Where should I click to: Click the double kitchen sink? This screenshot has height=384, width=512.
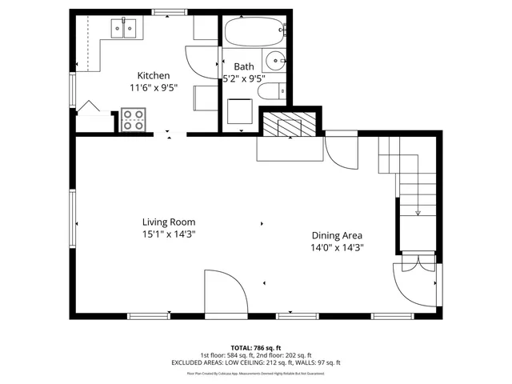(x=125, y=30)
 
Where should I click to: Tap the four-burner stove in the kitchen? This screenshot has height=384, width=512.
(x=133, y=121)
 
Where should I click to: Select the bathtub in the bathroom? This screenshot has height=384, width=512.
(x=253, y=34)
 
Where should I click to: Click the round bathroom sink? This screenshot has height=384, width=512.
(x=276, y=58)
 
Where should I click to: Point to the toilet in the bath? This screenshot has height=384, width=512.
(x=270, y=90)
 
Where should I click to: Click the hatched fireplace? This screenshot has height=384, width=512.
(x=290, y=124)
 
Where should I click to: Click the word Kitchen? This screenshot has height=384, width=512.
(x=153, y=75)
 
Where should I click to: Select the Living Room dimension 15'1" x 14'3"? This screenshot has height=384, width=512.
(x=169, y=234)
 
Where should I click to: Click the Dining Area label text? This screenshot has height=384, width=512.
(x=337, y=235)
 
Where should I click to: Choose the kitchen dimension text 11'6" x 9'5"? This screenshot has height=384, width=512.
(x=153, y=87)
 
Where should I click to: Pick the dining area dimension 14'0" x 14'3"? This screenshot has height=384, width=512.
(x=337, y=247)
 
